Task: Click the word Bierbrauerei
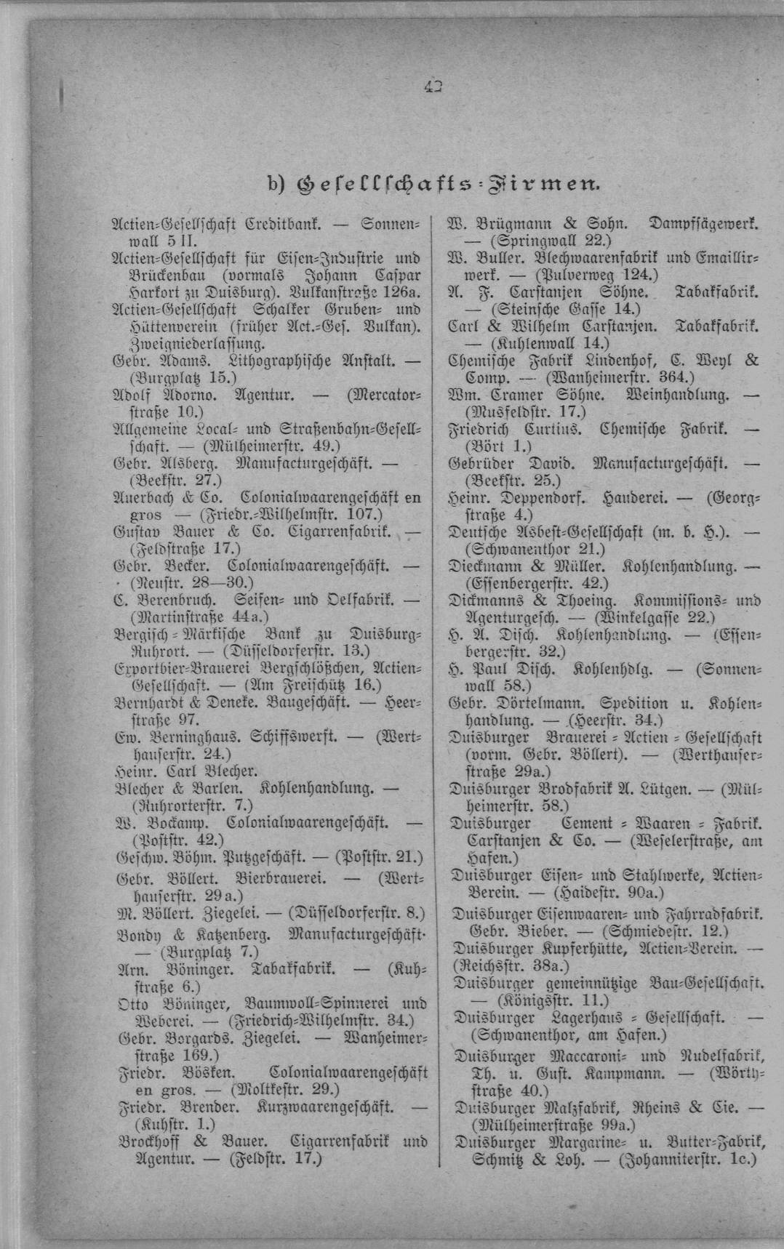point(287,878)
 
